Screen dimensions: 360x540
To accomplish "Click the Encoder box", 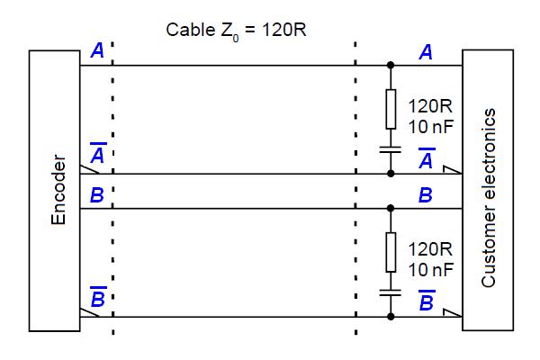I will click(x=54, y=191).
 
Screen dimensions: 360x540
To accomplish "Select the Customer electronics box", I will click(x=488, y=191).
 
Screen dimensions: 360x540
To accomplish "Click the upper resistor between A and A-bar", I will click(x=391, y=109).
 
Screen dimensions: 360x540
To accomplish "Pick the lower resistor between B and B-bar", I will click(x=391, y=251).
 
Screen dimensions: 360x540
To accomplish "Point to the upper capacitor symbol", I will click(x=391, y=148).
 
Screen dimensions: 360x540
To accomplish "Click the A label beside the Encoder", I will click(x=97, y=52).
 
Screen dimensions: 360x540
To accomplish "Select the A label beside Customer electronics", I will click(x=426, y=53).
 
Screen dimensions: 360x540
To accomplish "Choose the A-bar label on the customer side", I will click(x=427, y=158).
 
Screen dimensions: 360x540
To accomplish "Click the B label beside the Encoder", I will click(x=97, y=195).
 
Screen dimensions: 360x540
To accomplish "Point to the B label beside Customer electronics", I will click(x=426, y=195).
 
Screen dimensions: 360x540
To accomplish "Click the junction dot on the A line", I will click(x=391, y=66).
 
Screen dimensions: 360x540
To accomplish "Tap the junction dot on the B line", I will click(x=391, y=209).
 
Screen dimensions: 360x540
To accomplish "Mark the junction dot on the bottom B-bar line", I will click(x=391, y=317).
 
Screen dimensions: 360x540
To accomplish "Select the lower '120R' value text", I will click(x=429, y=248).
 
